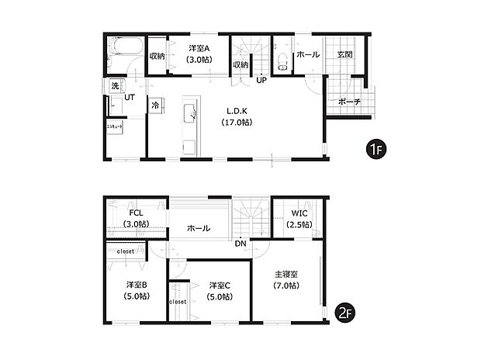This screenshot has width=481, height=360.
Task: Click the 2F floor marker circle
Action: coord(345,313)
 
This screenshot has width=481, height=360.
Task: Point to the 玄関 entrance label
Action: coord(345,54)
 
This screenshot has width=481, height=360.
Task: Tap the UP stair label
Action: coord(261,79)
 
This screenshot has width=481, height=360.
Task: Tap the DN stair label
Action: coord(242,242)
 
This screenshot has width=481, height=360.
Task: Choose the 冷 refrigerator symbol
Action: coord(155,105)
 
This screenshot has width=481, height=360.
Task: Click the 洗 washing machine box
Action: coord(115,85)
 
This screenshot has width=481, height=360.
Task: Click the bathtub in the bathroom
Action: coord(123,49)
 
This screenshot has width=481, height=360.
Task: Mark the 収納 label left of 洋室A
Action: coord(157,55)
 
